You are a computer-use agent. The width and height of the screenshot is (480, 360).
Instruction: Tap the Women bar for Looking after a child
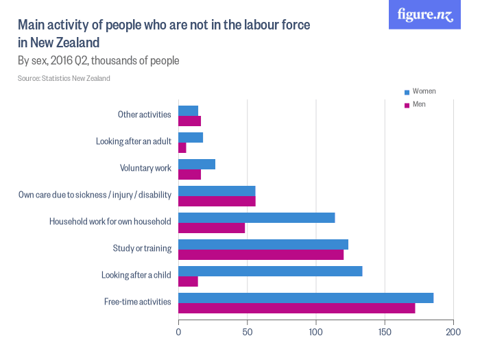tap(270, 271)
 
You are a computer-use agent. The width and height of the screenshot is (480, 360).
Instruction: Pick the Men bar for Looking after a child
tap(188, 281)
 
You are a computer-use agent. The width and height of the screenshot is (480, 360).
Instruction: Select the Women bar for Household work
tap(256, 217)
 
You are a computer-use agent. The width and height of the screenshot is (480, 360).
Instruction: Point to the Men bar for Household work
tap(211, 228)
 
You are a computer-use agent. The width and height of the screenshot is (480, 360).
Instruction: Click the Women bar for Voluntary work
tap(197, 164)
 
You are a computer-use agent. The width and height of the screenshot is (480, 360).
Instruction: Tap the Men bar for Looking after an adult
tap(182, 147)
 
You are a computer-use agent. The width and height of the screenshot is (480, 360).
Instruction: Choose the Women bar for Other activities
tap(188, 110)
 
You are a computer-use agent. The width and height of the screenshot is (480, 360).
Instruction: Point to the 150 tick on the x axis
tap(385, 333)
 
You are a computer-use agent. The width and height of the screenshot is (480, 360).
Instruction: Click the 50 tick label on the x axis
tap(247, 333)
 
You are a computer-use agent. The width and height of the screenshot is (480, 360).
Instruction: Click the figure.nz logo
tap(424, 15)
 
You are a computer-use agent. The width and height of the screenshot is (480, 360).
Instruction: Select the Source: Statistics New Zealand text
tap(64, 78)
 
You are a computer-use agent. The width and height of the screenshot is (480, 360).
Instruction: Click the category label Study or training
tap(141, 248)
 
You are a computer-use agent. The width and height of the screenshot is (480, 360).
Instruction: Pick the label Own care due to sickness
tap(94, 195)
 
